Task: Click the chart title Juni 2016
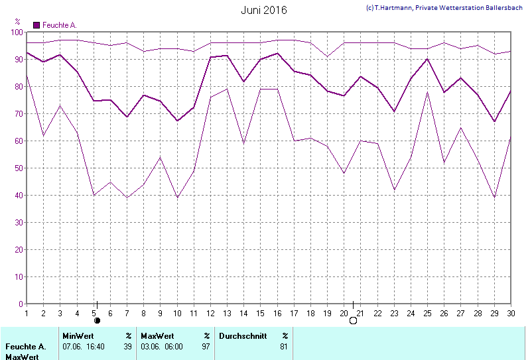[x=264, y=10]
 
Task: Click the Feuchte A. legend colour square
[x=36, y=25]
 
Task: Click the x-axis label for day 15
[x=260, y=313]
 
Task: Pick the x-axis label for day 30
[x=510, y=313]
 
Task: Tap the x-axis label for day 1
[x=27, y=313]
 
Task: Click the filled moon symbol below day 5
[x=97, y=321]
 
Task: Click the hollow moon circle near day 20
[x=353, y=321]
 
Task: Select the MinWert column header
[x=78, y=336]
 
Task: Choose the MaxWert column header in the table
[x=157, y=336]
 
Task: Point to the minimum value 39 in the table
[x=127, y=346]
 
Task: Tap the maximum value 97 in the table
[x=206, y=346]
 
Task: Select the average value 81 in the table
[x=284, y=346]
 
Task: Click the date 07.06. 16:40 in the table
[x=84, y=346]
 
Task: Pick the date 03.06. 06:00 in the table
[x=162, y=346]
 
